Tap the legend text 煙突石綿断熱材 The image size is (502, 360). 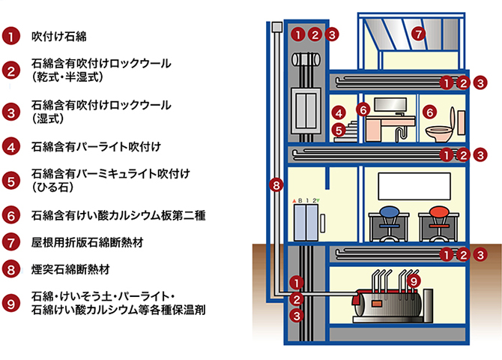click(71, 267)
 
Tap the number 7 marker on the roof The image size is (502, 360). click(419, 33)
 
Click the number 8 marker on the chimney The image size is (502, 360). click(276, 184)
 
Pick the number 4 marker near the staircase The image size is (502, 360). click(339, 113)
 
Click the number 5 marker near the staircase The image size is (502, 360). click(339, 130)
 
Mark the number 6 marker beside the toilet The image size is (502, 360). click(429, 111)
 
